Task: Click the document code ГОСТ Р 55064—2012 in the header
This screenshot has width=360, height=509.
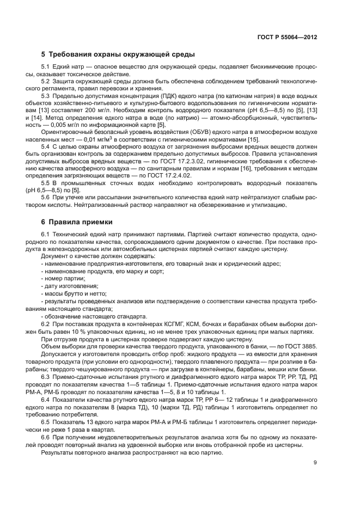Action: coord(286,38)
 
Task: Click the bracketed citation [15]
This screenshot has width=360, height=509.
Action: coord(253,139)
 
